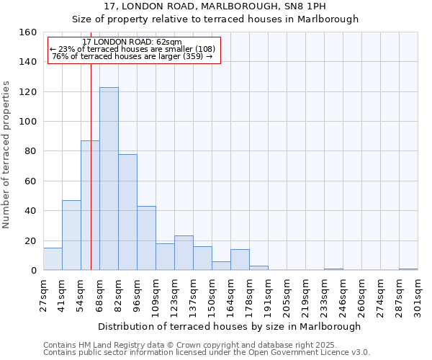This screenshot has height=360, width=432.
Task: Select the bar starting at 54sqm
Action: tap(90, 205)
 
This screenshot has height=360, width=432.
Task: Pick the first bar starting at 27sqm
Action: tap(53, 258)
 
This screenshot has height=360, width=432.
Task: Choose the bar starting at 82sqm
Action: tap(127, 212)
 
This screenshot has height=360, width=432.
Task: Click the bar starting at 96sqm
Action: tap(146, 238)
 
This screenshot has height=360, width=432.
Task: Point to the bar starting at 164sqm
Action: tap(240, 260)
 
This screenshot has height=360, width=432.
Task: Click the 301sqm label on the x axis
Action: tap(418, 295)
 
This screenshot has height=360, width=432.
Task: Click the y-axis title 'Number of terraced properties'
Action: tap(6, 155)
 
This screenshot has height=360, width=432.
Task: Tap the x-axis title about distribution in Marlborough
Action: tap(229, 326)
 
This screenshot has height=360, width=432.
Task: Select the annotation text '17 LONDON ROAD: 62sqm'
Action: tap(132, 42)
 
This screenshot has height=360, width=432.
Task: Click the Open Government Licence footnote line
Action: tap(207, 353)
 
